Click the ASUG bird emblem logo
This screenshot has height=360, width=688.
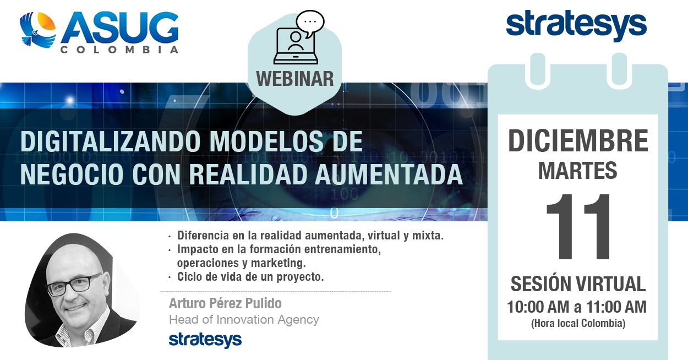coord(37,29)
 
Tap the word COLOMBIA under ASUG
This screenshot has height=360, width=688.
coord(119,50)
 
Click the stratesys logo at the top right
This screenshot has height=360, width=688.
coord(576,25)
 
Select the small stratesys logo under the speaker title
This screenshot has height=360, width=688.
coord(205,340)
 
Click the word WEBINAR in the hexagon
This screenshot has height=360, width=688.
coord(295,79)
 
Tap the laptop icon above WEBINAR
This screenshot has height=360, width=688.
coord(296,46)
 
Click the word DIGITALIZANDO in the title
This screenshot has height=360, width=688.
coord(111,141)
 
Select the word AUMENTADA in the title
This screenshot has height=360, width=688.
coord(389,174)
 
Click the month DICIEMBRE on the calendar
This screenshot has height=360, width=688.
coord(578,141)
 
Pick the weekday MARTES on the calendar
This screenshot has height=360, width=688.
coord(578,171)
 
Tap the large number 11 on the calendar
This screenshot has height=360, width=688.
coord(578,227)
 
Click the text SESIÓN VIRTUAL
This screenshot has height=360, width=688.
coord(578,284)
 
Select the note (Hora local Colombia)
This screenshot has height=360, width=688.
coord(578,323)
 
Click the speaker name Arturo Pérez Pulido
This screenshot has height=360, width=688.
coord(225,303)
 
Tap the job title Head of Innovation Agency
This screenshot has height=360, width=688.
coord(244,319)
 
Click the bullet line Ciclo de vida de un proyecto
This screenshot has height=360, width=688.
coord(250,277)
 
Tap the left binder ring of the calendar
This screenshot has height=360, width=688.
coord(537,70)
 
